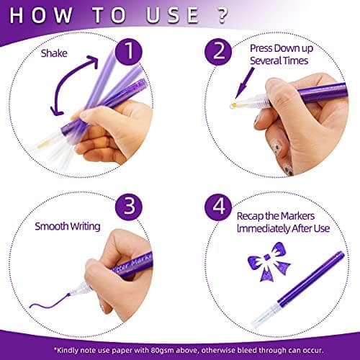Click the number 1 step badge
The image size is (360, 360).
pyautogui.click(x=129, y=52)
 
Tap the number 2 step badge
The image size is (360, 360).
pyautogui.click(x=218, y=52)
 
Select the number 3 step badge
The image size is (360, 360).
pyautogui.click(x=129, y=207)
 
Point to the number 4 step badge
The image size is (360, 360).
pyautogui.click(x=218, y=207)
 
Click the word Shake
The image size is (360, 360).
pyautogui.click(x=54, y=53)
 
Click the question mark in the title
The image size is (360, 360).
pyautogui.click(x=223, y=15)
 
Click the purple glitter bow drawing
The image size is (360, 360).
pyautogui.click(x=269, y=261)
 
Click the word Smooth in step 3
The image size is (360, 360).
pyautogui.click(x=51, y=226)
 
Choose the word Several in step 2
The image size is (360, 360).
pyautogui.click(x=264, y=60)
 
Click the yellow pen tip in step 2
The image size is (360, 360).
pyautogui.click(x=233, y=105)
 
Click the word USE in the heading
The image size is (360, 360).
pyautogui.click(x=172, y=15)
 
